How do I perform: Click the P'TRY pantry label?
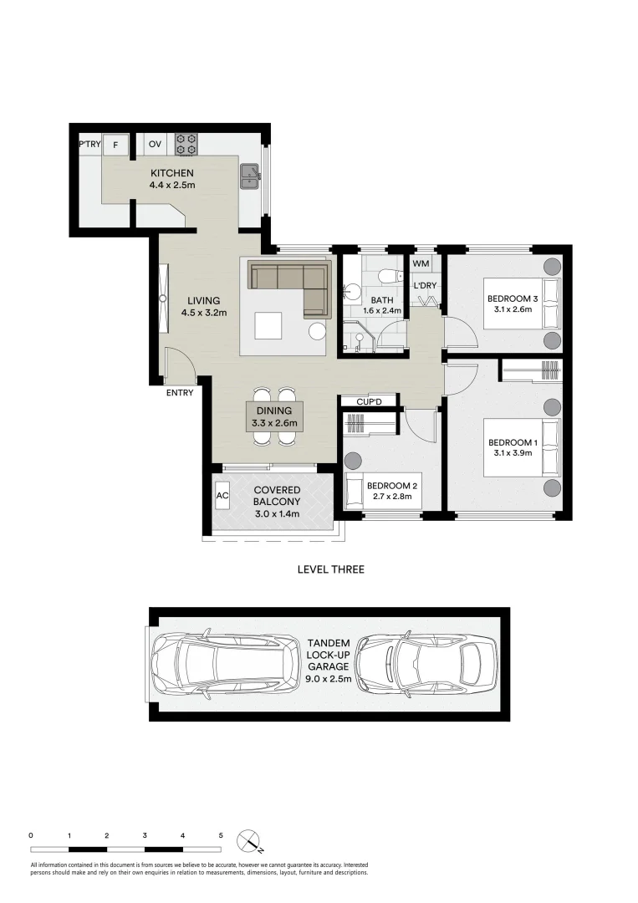[x=89, y=145]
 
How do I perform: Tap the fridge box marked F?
[x=115, y=145]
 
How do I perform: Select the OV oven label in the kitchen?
[x=155, y=145]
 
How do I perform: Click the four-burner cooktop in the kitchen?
[x=186, y=144]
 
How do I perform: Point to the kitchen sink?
[x=249, y=176]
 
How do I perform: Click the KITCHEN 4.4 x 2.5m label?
[x=172, y=179]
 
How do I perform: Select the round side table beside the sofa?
[x=317, y=331]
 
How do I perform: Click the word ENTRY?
[x=180, y=392]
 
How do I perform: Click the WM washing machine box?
[x=421, y=264]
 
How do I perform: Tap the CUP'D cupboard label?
[x=369, y=402]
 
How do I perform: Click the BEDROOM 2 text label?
[x=390, y=486]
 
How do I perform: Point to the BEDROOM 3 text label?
[x=512, y=299]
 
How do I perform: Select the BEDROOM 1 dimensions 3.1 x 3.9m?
[x=512, y=455]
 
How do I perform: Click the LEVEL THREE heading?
[x=330, y=569]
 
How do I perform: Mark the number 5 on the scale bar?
[x=221, y=835]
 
